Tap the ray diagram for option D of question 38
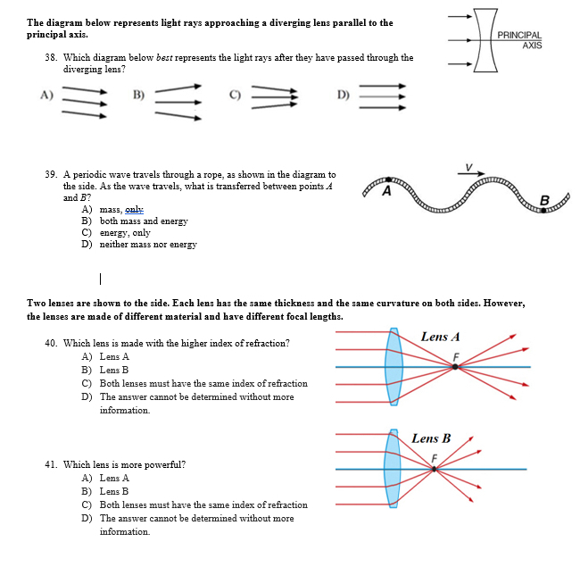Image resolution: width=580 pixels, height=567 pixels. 382,96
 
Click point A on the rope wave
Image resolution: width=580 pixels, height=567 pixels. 387,189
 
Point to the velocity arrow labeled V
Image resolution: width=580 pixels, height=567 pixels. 471,170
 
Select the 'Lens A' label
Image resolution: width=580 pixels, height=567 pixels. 440,337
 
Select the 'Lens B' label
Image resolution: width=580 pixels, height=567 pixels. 431,438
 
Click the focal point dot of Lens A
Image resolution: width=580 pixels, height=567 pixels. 455,367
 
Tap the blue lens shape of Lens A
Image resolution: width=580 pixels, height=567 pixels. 394,367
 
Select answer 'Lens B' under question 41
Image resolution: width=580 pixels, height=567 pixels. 114,491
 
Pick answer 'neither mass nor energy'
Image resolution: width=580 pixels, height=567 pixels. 147,244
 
